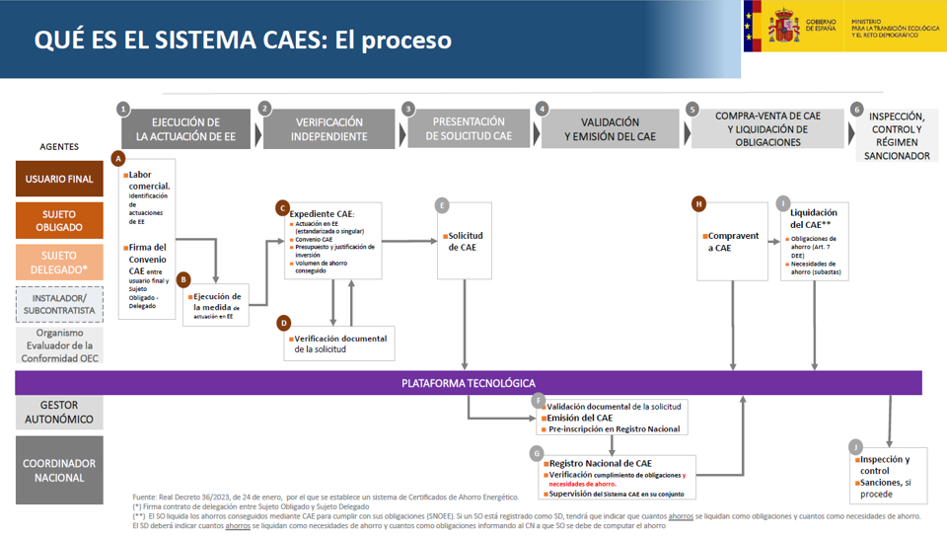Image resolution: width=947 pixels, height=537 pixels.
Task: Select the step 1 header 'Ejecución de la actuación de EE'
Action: (186, 129)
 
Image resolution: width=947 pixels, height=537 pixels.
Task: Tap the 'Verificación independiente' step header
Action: (328, 129)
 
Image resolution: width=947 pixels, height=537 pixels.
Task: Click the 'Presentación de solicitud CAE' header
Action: (469, 129)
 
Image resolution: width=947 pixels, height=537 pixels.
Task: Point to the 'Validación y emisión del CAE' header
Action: (610, 129)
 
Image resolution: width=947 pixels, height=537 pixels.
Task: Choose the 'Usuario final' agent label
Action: (59, 179)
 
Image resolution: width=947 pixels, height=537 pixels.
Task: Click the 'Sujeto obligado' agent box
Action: (59, 221)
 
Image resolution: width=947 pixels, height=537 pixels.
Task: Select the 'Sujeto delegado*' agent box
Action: (59, 263)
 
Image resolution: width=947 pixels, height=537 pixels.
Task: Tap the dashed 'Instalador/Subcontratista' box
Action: (59, 304)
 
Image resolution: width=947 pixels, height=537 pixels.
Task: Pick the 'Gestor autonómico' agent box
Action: (59, 413)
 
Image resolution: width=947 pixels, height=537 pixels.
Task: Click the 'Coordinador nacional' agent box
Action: (59, 471)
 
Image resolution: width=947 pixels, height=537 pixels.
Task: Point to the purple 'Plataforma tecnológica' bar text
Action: (469, 383)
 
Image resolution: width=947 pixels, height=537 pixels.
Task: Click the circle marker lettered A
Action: (119, 158)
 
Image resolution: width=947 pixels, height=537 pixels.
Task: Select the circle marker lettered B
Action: (183, 280)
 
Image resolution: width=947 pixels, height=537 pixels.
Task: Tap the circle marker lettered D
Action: (284, 323)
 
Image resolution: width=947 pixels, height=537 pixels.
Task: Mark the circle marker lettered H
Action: (698, 204)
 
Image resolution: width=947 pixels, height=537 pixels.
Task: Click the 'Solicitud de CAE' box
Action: (464, 242)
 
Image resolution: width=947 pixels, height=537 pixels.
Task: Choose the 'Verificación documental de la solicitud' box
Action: (340, 344)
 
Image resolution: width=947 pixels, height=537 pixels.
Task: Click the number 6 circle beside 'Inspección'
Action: (856, 109)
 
